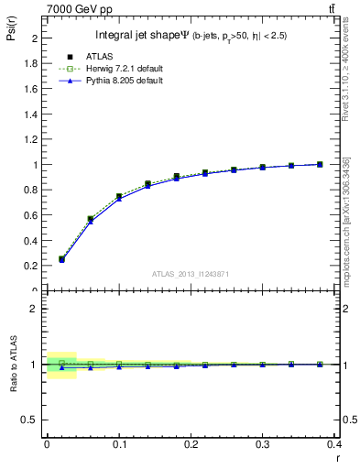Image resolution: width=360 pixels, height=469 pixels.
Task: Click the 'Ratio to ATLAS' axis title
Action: [12, 364]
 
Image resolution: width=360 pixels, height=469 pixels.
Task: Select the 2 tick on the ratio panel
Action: [36, 309]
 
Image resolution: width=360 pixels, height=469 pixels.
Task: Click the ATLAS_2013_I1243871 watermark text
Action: [190, 275]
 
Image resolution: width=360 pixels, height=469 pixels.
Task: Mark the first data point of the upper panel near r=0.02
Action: [61, 259]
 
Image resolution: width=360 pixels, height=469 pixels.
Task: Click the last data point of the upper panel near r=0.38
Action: [320, 164]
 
